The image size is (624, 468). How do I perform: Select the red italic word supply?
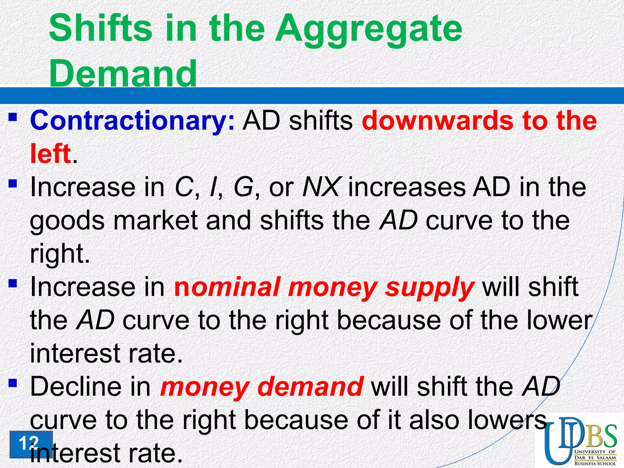(x=430, y=288)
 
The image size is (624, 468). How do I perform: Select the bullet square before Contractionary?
(x=12, y=117)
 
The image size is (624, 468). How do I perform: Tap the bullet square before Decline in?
(x=12, y=383)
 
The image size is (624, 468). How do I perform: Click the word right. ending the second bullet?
(x=60, y=254)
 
